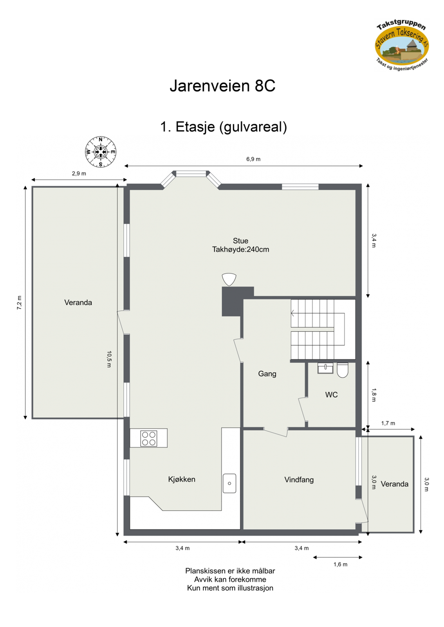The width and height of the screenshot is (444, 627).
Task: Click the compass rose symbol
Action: (x=101, y=152)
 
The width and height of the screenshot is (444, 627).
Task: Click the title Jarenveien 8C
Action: (x=222, y=86)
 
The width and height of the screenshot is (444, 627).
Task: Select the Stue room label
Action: (x=240, y=241)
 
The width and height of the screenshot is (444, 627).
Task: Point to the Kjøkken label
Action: (x=182, y=479)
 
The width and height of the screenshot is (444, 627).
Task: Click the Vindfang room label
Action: (x=299, y=480)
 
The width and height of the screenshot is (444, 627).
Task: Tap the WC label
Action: (x=331, y=395)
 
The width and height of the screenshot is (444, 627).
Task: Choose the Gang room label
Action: (x=267, y=374)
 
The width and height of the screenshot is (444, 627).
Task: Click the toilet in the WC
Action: (x=343, y=370)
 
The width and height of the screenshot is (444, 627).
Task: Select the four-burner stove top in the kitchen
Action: (x=149, y=438)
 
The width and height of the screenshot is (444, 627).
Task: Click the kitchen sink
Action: (x=229, y=483)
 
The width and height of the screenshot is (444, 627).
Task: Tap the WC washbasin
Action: (x=325, y=368)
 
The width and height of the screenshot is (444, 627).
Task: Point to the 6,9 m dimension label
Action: (x=253, y=159)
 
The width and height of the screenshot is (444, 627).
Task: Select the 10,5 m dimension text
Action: (x=109, y=359)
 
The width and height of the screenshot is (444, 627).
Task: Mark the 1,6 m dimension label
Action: (x=340, y=564)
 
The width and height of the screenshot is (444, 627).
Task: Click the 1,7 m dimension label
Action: (x=388, y=423)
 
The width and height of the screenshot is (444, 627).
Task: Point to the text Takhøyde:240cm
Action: (x=240, y=250)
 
